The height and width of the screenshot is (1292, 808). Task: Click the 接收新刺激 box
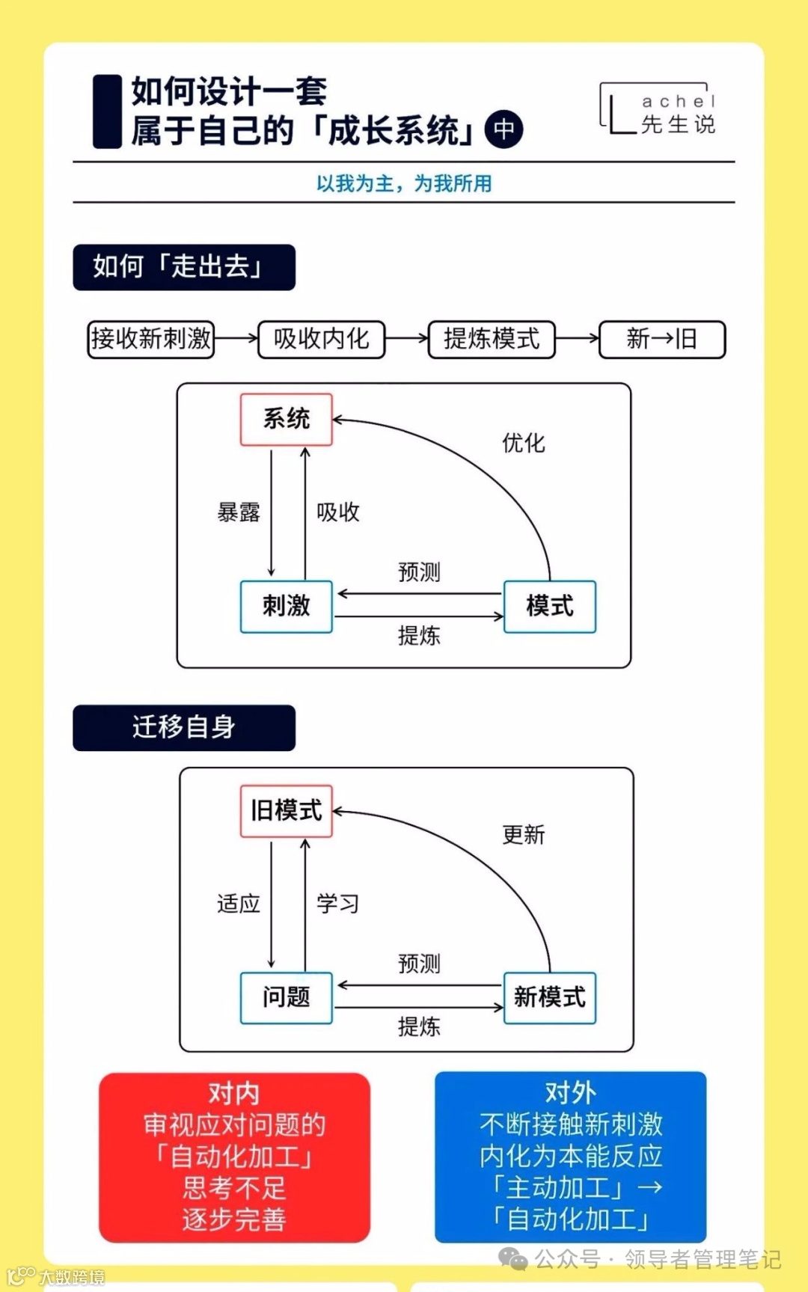point(151,340)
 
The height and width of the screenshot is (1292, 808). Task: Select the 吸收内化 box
point(321,340)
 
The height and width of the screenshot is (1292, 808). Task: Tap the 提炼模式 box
point(492,340)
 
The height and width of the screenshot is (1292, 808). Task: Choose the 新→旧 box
point(662,340)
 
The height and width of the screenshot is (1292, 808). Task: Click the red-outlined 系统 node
point(286,419)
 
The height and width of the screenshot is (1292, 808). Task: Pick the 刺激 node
point(286,606)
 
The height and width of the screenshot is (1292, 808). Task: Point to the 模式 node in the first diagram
point(550,606)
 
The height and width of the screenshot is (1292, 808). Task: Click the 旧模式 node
point(286,810)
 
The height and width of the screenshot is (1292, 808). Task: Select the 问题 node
point(286,997)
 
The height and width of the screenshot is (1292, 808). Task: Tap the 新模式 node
point(550,997)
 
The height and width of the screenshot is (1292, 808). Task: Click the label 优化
point(524,443)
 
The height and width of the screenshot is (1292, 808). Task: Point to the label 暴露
point(239,512)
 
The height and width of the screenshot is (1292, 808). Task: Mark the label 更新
point(524,834)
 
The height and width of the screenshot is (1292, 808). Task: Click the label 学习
point(337,904)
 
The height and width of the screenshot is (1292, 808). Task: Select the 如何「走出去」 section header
point(184,267)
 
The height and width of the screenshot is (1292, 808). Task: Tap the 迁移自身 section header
point(184,727)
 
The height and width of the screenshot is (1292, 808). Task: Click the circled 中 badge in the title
point(504,129)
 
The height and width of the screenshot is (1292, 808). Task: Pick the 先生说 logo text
point(678,124)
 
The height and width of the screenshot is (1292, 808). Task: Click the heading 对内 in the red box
point(234,1093)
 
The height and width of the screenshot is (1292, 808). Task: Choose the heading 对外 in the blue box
point(570,1092)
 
